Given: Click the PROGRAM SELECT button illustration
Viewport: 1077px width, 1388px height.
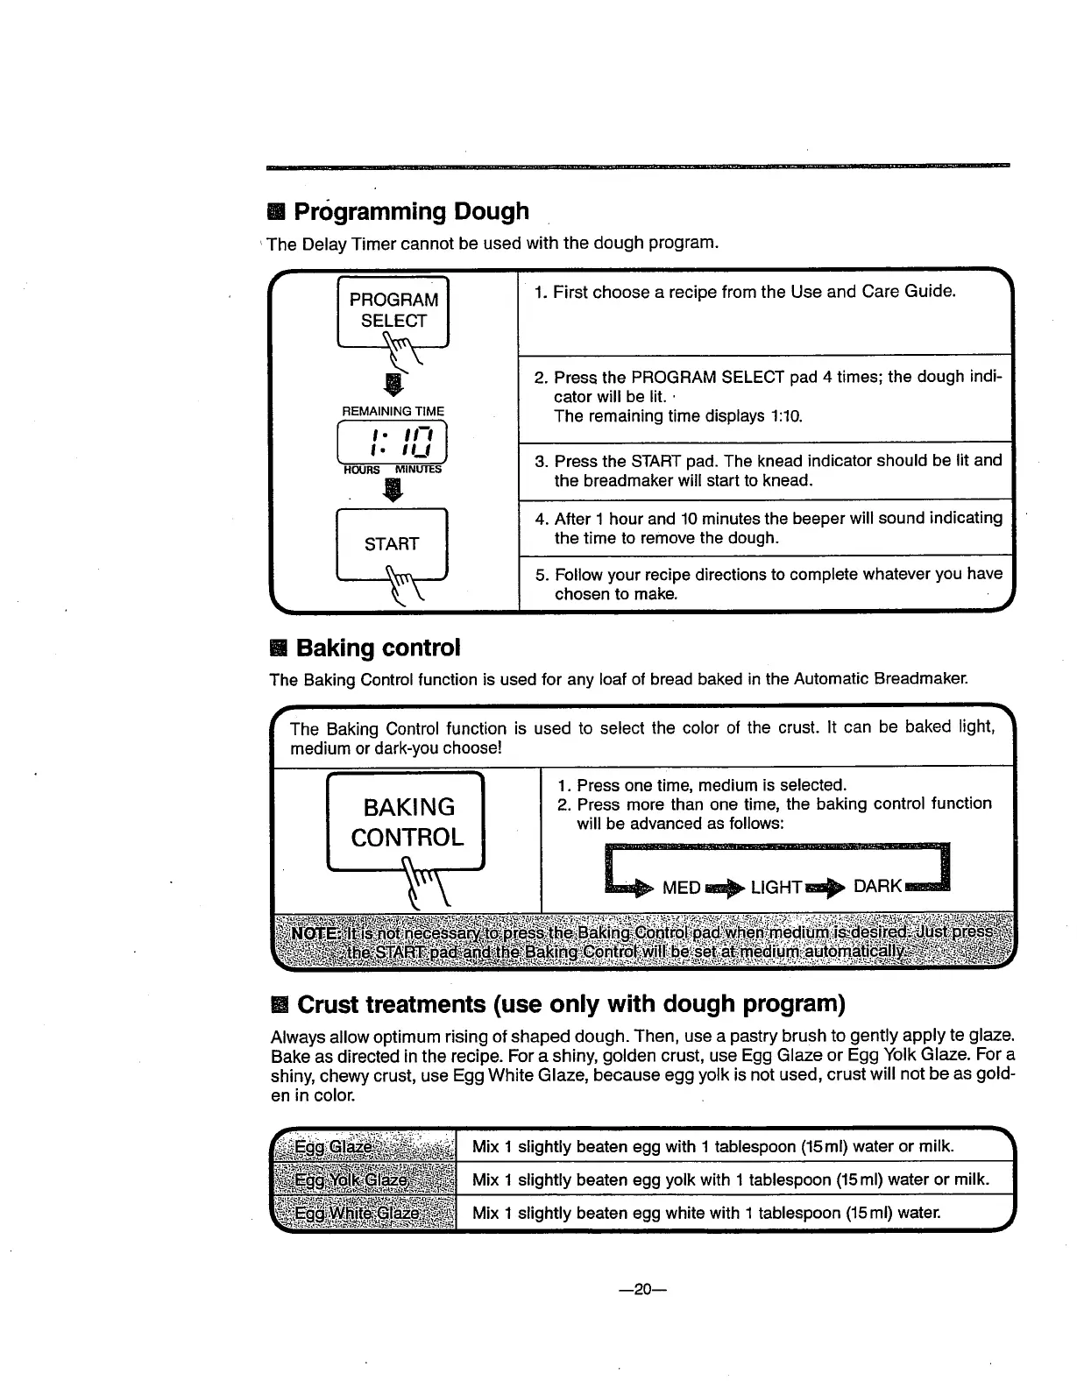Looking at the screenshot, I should tap(393, 311).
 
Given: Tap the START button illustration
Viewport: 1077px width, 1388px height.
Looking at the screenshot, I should tap(392, 543).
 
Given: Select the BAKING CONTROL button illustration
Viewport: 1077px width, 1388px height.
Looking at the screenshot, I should tap(407, 822).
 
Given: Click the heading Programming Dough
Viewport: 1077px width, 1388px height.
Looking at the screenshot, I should tap(411, 211).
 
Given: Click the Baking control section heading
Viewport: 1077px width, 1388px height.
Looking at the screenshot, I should tap(378, 648).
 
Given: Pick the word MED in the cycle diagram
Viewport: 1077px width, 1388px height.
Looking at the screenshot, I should tap(681, 888).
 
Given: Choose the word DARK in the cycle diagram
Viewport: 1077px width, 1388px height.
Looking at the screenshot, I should tap(877, 886).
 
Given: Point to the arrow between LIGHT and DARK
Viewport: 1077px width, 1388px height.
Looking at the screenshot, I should tap(826, 888).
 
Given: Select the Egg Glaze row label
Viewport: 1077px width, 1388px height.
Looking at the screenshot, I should tap(334, 1147).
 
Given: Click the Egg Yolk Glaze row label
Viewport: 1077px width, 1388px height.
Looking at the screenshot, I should tap(351, 1179).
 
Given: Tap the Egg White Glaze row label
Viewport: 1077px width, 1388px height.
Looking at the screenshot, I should tap(357, 1213).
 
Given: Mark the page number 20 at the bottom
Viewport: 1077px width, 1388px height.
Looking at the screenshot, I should tap(644, 1289).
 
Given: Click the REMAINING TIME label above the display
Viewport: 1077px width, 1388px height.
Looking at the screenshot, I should tap(393, 411).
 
